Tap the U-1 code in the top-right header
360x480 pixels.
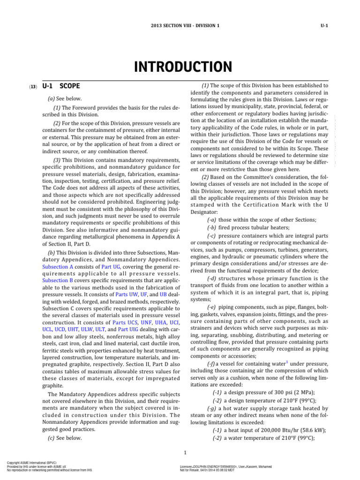tap(323, 25)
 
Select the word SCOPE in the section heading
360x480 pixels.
tap(70, 86)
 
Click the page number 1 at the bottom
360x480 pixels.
tap(186, 452)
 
